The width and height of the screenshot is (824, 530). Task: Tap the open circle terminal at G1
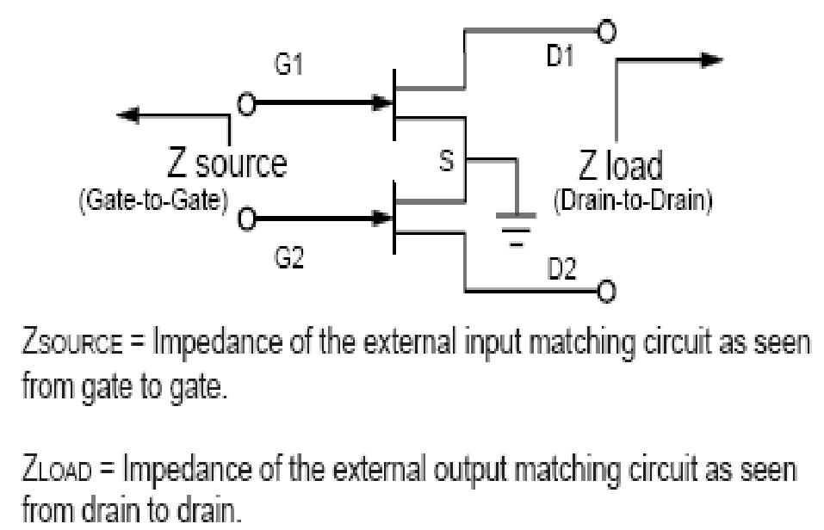(x=246, y=104)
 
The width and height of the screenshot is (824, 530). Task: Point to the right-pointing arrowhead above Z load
(x=711, y=60)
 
